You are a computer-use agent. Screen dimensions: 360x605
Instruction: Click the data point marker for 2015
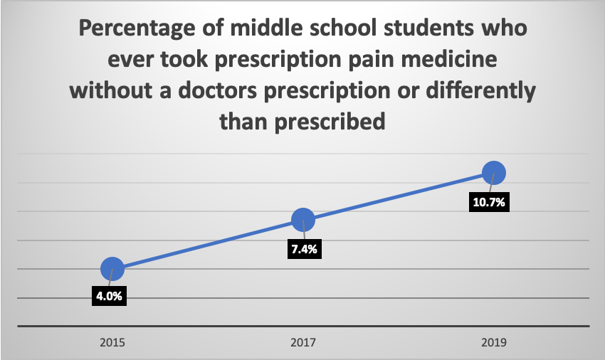coord(112,268)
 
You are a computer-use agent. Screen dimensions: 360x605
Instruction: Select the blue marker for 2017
coord(303,221)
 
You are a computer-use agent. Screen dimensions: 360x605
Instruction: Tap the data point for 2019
coord(493,173)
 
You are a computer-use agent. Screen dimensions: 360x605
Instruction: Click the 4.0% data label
coord(109,296)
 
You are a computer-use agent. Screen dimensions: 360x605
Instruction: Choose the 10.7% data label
coord(488,202)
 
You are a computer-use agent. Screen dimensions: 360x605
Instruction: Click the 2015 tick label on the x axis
coord(112,342)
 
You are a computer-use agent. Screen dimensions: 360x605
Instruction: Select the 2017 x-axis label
coord(303,342)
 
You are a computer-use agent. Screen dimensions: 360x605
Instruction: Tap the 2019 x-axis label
coord(493,342)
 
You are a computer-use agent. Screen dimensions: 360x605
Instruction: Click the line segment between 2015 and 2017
coord(208,245)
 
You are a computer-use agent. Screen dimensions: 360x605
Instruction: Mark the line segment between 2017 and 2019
coord(399,197)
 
